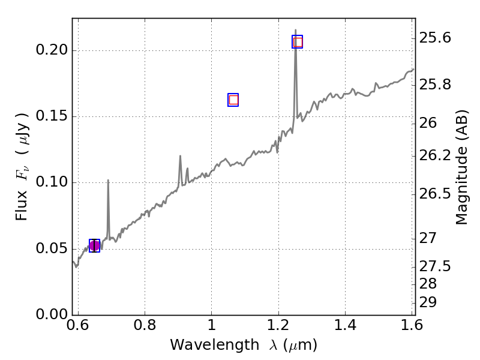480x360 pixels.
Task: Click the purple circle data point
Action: tap(94, 245)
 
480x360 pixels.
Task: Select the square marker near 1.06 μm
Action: tap(233, 100)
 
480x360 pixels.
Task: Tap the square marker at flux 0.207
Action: tap(297, 41)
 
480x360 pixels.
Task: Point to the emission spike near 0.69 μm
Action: tap(108, 180)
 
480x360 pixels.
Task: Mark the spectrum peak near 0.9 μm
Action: tap(180, 156)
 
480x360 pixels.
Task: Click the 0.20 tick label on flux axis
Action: tap(50, 50)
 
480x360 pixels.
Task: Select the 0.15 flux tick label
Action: tap(50, 116)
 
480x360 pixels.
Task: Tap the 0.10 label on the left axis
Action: tap(50, 182)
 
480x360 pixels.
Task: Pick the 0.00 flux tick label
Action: tap(50, 314)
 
